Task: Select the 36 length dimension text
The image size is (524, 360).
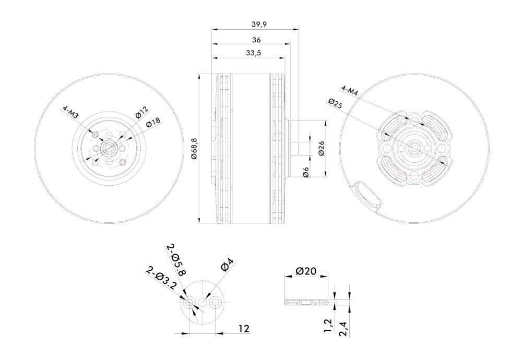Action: click(x=256, y=39)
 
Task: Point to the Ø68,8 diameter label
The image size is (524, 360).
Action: click(x=194, y=149)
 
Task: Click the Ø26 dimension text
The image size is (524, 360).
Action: click(x=320, y=149)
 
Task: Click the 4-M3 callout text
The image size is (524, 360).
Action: click(x=70, y=113)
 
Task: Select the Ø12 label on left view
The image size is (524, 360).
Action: click(x=142, y=112)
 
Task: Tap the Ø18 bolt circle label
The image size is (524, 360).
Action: click(x=153, y=123)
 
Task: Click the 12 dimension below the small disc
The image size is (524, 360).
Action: click(x=243, y=328)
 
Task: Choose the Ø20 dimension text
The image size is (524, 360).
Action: click(x=306, y=271)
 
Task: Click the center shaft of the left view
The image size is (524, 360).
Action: click(x=109, y=148)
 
